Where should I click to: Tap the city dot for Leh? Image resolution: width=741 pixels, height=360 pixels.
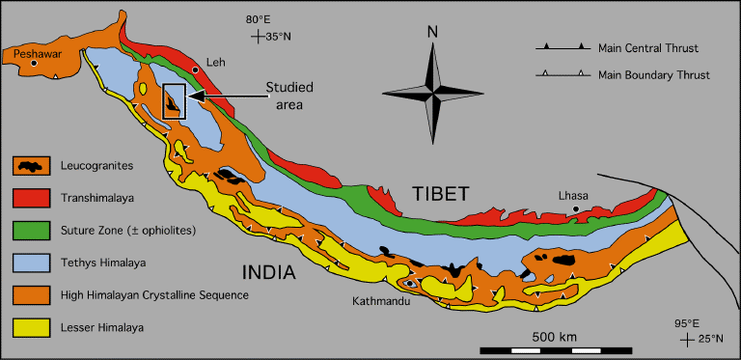click(196, 70)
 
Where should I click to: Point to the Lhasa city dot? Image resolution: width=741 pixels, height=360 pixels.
click(576, 208)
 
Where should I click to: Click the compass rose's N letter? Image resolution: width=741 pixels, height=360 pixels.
click(433, 33)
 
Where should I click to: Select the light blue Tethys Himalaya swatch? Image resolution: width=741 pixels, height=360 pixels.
click(35, 261)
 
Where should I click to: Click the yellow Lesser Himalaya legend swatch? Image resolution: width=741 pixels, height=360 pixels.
click(35, 328)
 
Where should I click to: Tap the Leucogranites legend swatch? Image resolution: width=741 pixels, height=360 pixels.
click(35, 166)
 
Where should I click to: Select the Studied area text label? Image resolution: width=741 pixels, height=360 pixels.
click(290, 96)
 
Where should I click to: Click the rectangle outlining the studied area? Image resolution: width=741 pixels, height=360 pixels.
click(174, 101)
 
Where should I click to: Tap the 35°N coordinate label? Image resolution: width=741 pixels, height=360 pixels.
click(278, 38)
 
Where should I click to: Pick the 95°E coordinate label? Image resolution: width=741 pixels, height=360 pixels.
click(684, 323)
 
